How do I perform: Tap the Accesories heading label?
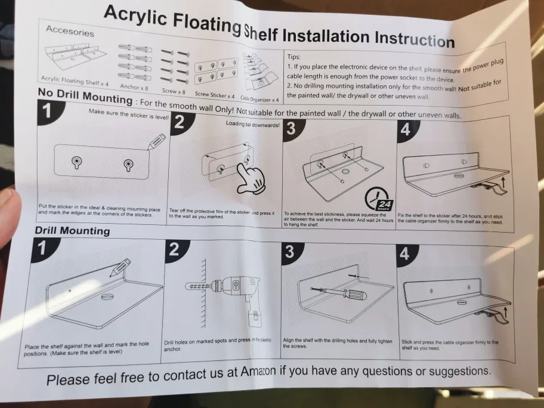tap(70, 30)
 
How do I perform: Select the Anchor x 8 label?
tap(134, 87)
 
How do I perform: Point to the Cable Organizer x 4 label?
tap(259, 98)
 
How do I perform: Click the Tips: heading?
tap(296, 55)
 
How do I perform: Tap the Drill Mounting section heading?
tap(72, 230)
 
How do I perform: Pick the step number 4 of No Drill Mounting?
tap(406, 128)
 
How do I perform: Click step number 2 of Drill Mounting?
tap(174, 249)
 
